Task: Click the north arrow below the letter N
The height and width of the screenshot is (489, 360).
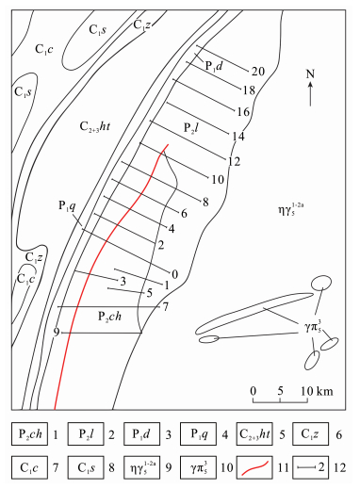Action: click(x=310, y=94)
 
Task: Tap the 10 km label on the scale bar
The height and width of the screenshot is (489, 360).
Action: click(x=317, y=391)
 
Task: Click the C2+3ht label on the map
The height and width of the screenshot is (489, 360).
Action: click(x=95, y=126)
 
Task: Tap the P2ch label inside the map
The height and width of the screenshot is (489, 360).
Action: click(x=109, y=317)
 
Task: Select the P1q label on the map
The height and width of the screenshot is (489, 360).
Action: click(x=67, y=205)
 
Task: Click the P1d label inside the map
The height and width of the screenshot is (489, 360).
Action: click(x=214, y=66)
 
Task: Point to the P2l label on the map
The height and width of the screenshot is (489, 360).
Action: click(x=190, y=128)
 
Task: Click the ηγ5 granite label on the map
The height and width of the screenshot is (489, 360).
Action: click(x=290, y=210)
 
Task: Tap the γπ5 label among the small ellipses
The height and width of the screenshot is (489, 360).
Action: click(x=313, y=327)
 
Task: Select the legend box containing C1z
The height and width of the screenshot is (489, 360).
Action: click(x=310, y=434)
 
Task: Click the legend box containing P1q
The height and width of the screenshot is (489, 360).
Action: click(x=198, y=434)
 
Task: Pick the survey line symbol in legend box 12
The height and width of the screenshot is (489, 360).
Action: click(x=306, y=468)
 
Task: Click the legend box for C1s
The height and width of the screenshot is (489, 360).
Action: click(x=86, y=468)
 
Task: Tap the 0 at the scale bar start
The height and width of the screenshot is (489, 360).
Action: click(x=254, y=391)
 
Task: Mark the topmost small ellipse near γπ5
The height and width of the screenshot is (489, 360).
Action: click(x=321, y=283)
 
